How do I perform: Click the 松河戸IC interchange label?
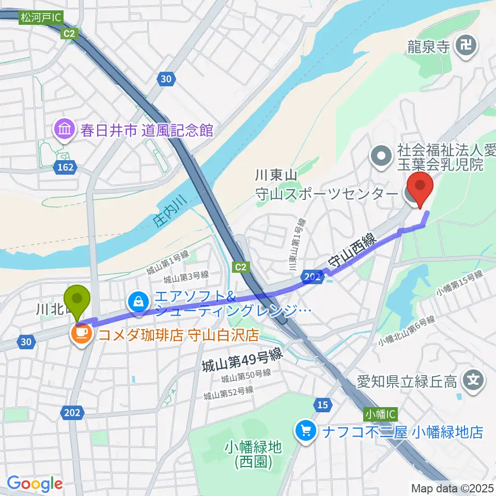41,18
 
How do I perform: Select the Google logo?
35,484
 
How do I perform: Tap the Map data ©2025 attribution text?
452,488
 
